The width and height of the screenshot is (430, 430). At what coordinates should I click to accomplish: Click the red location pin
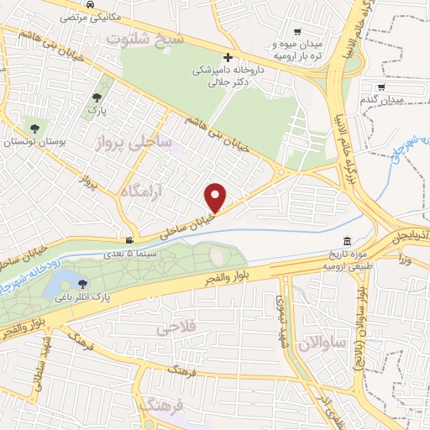click(216, 197)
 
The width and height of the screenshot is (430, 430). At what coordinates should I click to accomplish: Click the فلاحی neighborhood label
click(176, 329)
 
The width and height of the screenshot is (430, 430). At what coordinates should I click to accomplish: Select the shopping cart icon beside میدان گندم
click(381, 87)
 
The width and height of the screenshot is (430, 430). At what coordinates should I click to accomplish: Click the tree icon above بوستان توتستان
click(34, 128)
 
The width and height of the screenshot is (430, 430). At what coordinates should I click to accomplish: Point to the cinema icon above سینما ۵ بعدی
click(128, 239)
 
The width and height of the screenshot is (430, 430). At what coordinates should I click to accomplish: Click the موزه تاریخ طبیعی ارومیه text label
click(346, 260)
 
